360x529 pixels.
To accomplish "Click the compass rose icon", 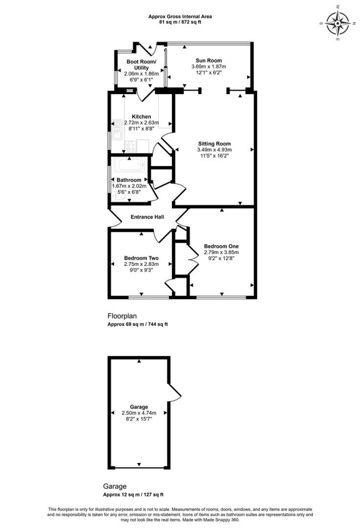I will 338,23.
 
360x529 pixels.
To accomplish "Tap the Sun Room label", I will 209,61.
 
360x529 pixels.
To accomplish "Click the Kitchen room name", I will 141,117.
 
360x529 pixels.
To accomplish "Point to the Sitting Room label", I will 215,144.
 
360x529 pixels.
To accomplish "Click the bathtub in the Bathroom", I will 129,166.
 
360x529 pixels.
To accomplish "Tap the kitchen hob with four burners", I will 130,147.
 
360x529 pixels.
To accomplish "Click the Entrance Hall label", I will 147,217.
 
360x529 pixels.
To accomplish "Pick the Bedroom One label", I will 221,246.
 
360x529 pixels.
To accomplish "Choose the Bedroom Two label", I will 141,258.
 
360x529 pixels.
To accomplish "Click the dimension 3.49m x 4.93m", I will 215,150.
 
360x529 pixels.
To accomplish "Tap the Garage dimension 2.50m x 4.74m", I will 139,413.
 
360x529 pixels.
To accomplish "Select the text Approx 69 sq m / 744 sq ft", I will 137,324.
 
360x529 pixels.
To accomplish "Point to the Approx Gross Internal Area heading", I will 180,17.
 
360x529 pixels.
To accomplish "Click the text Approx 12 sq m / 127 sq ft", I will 133,494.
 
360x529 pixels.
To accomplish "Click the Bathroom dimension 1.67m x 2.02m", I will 129,186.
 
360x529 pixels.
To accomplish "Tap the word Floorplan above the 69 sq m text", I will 122,316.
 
